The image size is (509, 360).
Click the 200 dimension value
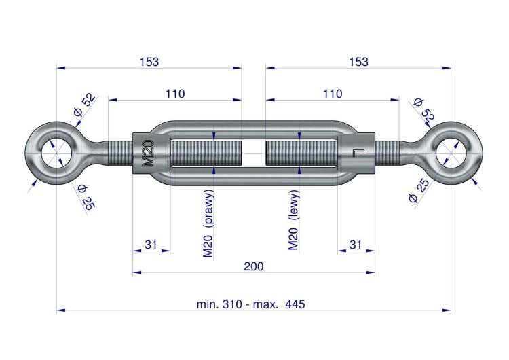click(254, 266)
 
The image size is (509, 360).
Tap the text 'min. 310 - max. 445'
click(250, 304)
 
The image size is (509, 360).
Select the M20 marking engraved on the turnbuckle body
click(148, 153)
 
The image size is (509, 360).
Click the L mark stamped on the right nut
click(358, 153)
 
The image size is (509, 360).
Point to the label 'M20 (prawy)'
click(208, 223)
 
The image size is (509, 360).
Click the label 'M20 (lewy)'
click(293, 220)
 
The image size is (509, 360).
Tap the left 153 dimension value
click(149, 62)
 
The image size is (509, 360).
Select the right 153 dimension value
click(358, 62)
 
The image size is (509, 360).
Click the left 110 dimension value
click(175, 94)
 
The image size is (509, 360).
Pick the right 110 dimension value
click(333, 94)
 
